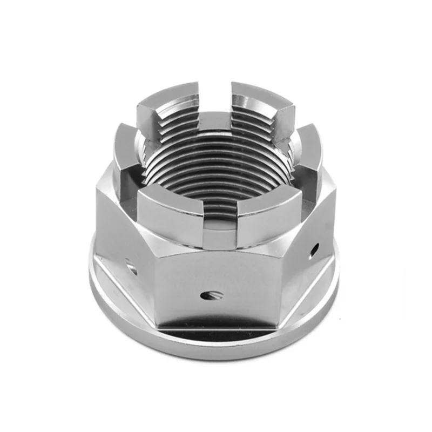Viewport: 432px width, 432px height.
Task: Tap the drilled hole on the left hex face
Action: (x=131, y=265)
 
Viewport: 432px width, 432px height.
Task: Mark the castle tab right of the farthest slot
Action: (x=262, y=100)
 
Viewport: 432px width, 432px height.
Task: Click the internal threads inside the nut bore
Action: (x=216, y=162)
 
